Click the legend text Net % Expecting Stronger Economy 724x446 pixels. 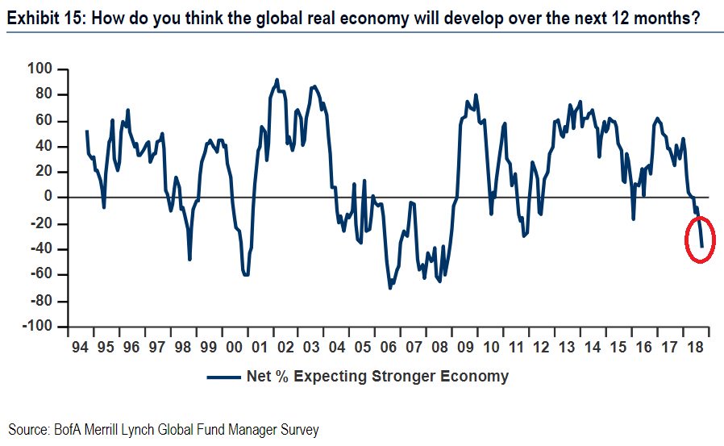377,376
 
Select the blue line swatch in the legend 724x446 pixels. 223,377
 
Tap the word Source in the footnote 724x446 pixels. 26,429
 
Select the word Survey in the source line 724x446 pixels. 299,429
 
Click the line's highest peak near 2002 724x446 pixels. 277,79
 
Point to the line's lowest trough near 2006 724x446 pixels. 390,288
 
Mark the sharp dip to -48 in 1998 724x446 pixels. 189,260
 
